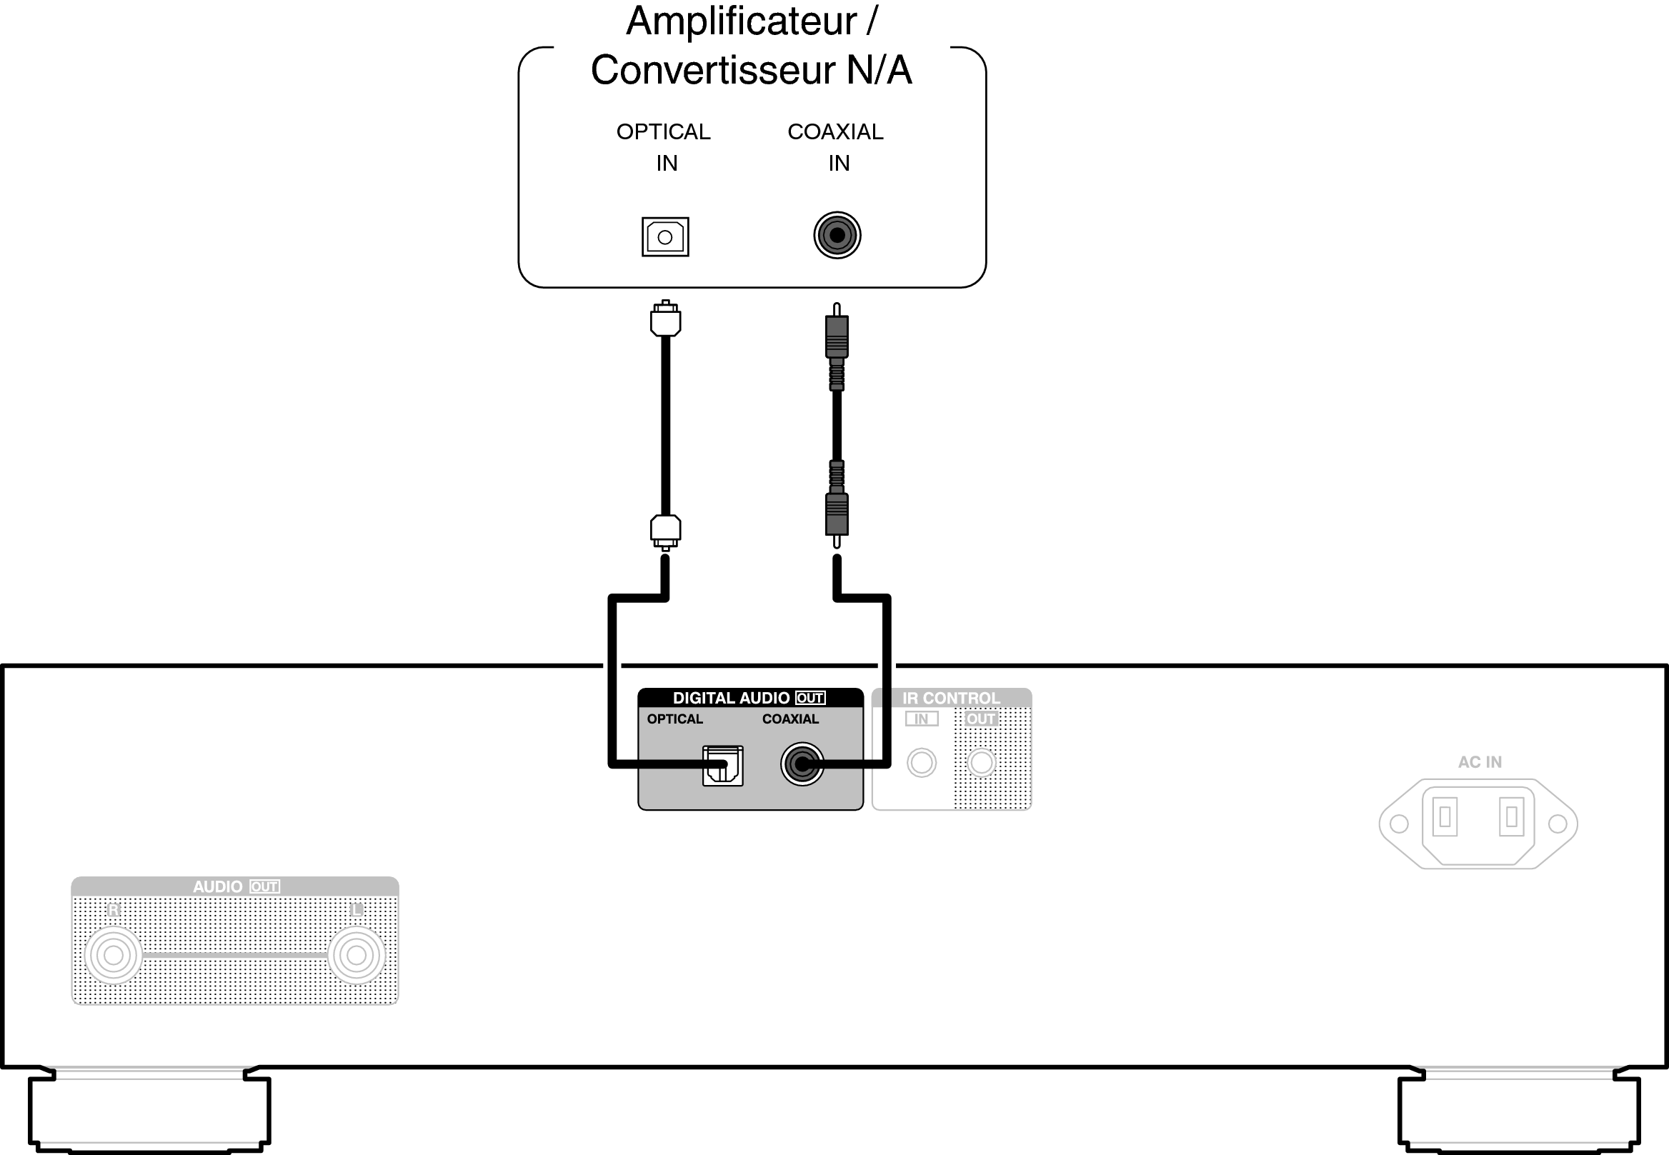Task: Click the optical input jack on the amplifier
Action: pos(664,236)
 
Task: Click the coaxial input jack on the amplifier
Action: pos(837,235)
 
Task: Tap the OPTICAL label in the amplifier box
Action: pos(663,131)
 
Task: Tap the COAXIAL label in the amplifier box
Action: pos(835,131)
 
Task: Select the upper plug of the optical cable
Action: pos(665,319)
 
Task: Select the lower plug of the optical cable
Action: pos(665,531)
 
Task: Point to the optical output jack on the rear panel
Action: pos(722,766)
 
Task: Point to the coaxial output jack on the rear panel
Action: pos(801,764)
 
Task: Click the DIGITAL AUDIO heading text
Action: pos(731,698)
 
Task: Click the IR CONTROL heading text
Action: pos(950,699)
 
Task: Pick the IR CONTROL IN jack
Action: pos(922,762)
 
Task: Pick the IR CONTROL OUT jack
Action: pos(982,762)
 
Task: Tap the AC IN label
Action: pos(1480,762)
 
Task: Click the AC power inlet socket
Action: pos(1478,823)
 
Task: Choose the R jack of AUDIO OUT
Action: pos(114,955)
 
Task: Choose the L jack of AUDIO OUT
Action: pos(356,955)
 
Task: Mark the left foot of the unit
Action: pos(150,1111)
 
